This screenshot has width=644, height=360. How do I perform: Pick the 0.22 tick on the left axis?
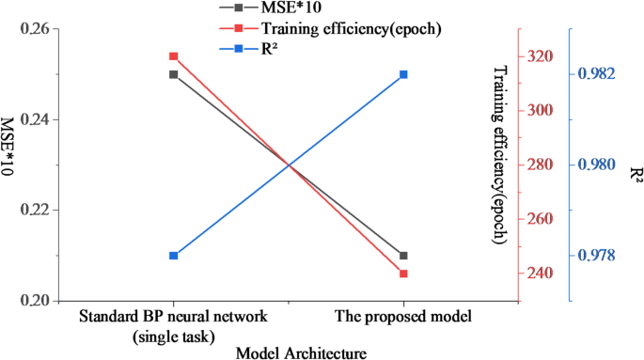click(34, 211)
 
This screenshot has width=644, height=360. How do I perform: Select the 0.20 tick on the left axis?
click(34, 301)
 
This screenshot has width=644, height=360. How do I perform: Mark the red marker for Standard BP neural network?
click(174, 56)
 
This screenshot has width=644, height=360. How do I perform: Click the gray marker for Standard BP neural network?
click(174, 74)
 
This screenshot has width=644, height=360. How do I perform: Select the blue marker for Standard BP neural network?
click(174, 256)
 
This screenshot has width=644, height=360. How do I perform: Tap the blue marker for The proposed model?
click(403, 74)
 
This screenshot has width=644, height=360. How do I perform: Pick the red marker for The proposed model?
click(403, 274)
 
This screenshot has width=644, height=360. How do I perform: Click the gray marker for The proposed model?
click(403, 256)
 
